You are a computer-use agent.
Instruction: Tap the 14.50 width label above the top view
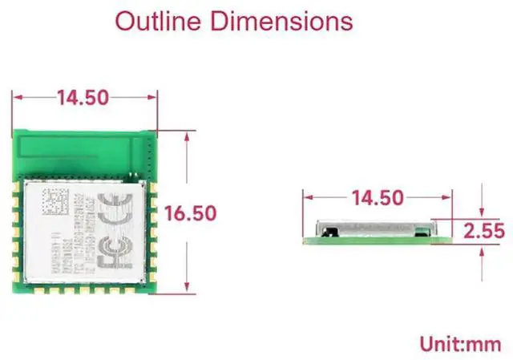click(83, 98)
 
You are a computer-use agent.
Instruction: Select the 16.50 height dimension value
click(190, 213)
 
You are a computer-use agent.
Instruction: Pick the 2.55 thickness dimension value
click(484, 232)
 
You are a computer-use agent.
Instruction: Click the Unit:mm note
click(462, 344)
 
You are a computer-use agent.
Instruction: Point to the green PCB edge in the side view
click(377, 239)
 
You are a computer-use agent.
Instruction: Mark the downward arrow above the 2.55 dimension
click(482, 211)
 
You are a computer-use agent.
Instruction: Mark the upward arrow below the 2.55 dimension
click(482, 252)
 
